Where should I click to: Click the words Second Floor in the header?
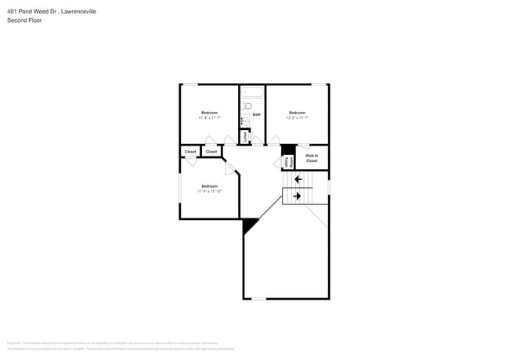click(x=25, y=20)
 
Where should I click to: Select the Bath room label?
click(x=256, y=114)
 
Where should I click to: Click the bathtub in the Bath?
click(x=252, y=92)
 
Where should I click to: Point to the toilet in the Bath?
click(x=247, y=106)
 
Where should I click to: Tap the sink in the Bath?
click(x=244, y=121)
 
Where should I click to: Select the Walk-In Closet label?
click(x=311, y=158)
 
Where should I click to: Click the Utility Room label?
click(x=288, y=162)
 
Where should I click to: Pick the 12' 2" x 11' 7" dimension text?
click(x=297, y=117)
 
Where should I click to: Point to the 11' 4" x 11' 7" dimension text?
click(x=209, y=117)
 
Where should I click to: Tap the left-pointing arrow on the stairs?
click(x=298, y=179)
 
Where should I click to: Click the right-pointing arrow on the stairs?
click(x=298, y=196)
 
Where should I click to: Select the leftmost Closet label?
click(x=190, y=151)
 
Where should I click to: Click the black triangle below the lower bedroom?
click(x=249, y=225)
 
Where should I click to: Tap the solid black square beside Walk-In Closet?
click(x=287, y=149)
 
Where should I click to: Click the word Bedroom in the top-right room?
click(x=297, y=113)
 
